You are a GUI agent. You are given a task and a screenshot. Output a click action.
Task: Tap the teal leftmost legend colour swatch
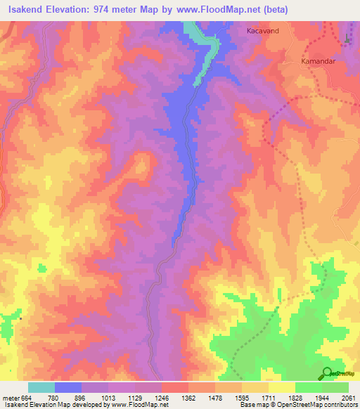click(41, 387)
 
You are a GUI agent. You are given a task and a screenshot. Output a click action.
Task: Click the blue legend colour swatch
click(68, 387)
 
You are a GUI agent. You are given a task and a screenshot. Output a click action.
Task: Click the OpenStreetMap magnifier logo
click(328, 375)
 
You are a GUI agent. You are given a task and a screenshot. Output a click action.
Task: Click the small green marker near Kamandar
click(348, 40)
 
